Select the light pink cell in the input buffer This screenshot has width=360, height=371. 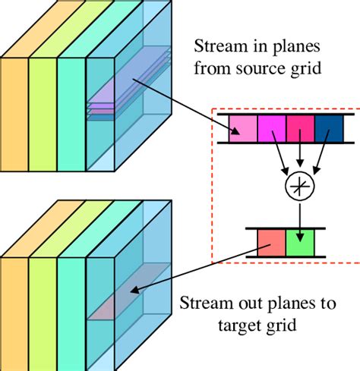244,128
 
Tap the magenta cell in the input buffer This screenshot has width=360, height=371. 272,128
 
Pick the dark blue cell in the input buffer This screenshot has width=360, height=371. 327,128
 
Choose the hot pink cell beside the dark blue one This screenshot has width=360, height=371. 300,128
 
